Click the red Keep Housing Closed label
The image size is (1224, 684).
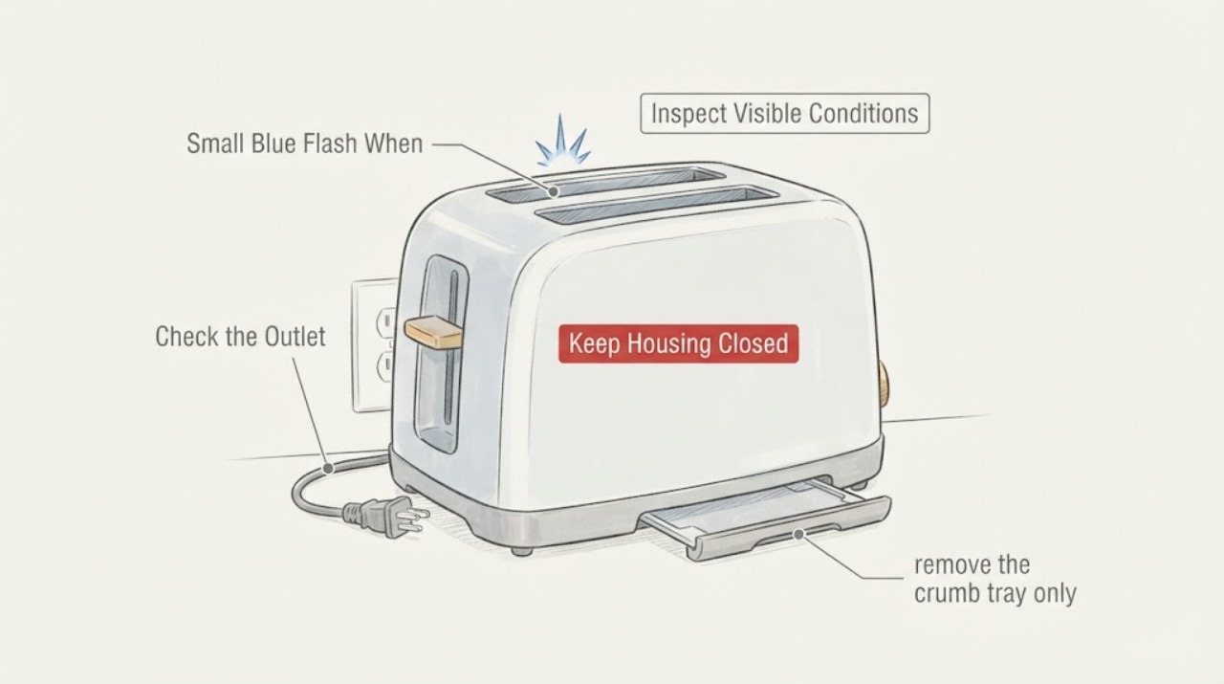[678, 344]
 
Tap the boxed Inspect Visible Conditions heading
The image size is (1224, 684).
[785, 114]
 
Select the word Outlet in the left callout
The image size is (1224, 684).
[295, 336]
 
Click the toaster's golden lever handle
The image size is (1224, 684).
[433, 332]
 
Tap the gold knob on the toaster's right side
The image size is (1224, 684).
[883, 381]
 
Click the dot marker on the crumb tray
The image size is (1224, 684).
[798, 534]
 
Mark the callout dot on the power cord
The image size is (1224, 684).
[328, 469]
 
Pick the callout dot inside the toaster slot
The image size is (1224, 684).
[554, 191]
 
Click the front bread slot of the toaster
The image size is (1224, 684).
[657, 204]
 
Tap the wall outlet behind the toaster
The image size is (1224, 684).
[375, 345]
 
